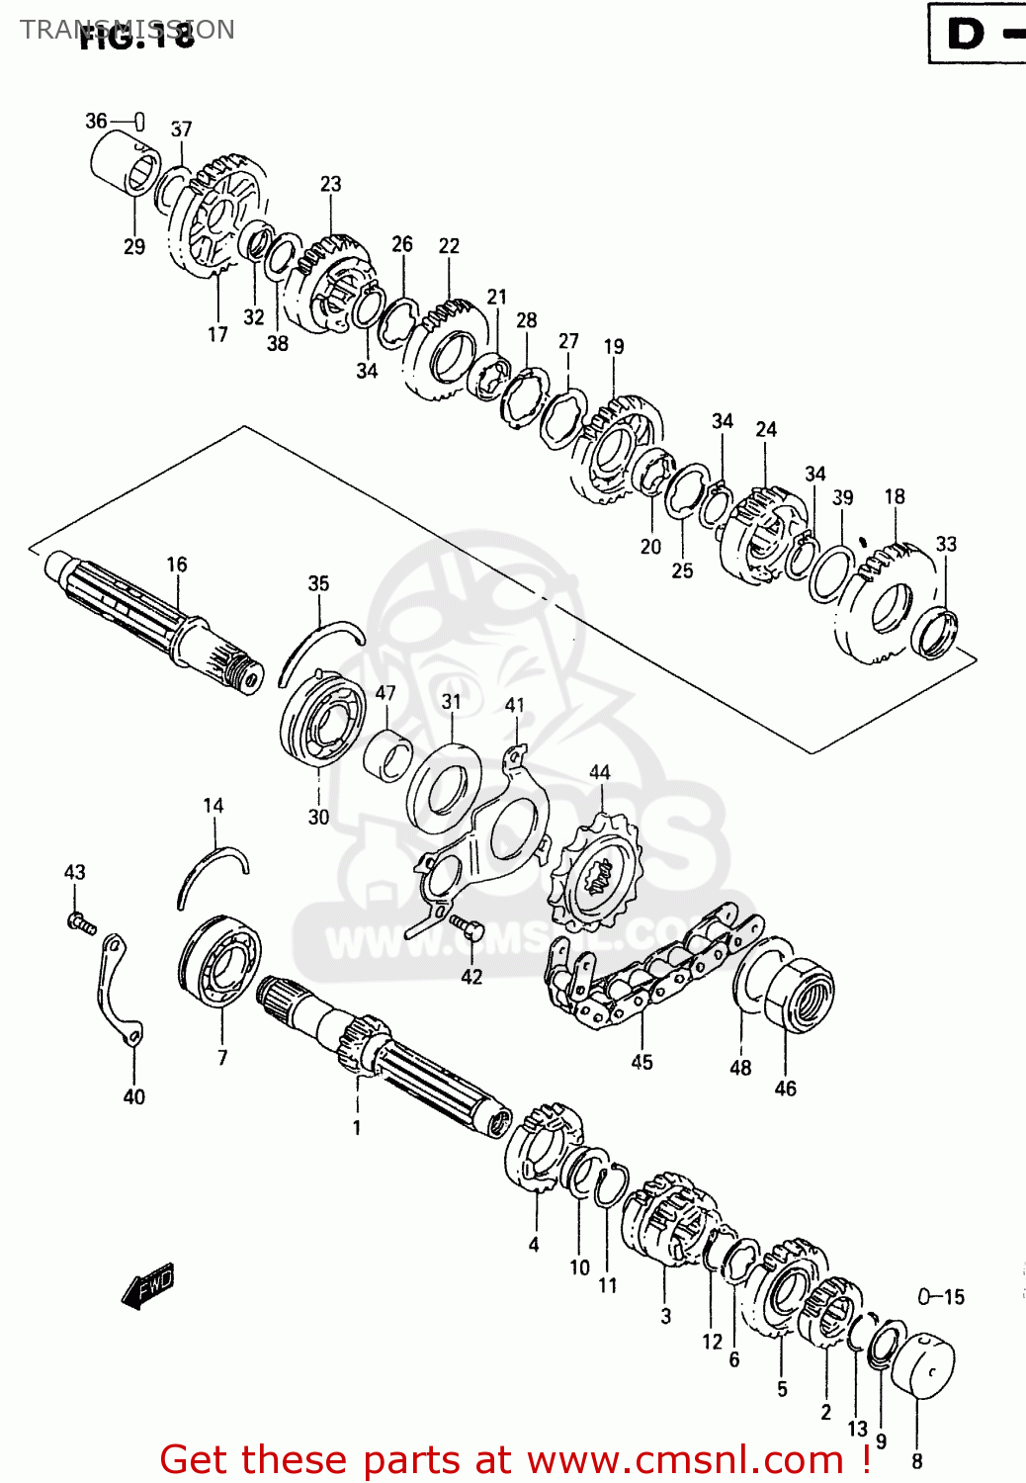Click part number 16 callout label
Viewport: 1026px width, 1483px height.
tap(176, 565)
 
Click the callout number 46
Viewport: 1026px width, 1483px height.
tap(785, 1089)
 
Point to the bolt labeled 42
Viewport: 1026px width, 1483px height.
tap(467, 926)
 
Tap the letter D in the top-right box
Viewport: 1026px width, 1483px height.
tap(966, 35)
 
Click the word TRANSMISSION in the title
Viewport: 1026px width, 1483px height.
tap(127, 30)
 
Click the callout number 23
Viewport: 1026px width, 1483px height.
tap(330, 184)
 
